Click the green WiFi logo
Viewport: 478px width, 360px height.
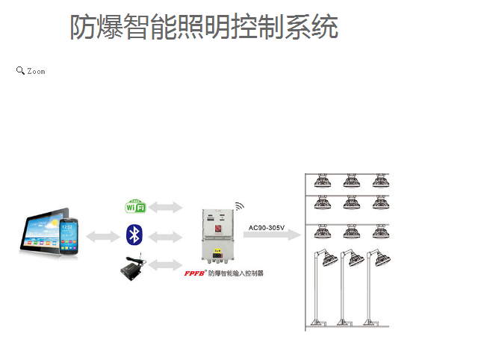tap(135, 206)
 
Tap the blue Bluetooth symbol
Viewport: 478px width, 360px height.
tap(134, 235)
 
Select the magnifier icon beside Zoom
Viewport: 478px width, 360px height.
tap(20, 70)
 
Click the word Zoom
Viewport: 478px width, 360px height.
tap(37, 72)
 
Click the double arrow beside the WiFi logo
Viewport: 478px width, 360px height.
tap(166, 206)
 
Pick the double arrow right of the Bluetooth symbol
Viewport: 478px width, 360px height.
tap(166, 236)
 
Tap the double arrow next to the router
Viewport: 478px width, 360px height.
tap(166, 264)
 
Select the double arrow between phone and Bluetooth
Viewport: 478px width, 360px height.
tap(103, 236)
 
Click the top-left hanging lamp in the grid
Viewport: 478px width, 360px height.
tap(323, 181)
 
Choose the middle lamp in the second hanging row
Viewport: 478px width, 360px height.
tap(350, 203)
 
